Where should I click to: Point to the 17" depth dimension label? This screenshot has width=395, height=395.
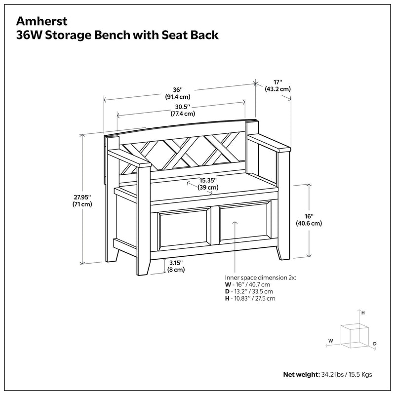[277, 82]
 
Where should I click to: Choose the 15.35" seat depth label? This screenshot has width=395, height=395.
[208, 181]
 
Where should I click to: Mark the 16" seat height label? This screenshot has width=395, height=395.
[309, 216]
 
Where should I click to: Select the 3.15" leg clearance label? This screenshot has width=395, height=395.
[176, 263]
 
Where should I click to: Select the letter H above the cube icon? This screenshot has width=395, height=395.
[363, 313]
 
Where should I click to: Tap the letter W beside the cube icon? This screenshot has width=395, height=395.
[330, 341]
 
